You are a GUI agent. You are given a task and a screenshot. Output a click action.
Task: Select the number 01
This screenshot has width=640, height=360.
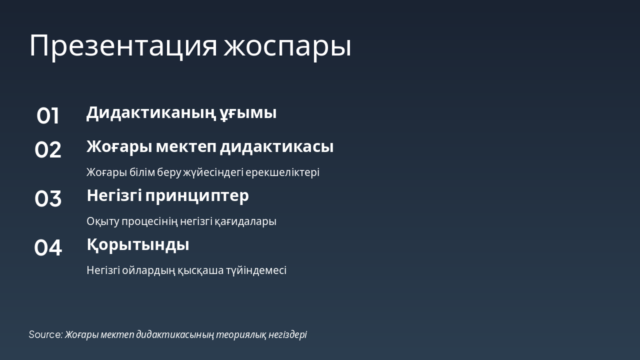pyautogui.click(x=48, y=116)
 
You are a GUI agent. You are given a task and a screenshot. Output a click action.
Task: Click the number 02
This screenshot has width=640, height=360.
pyautogui.click(x=48, y=150)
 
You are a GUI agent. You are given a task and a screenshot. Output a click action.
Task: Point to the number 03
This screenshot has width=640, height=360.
pyautogui.click(x=48, y=199)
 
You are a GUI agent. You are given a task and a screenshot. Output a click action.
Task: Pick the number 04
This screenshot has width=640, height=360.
pyautogui.click(x=48, y=248)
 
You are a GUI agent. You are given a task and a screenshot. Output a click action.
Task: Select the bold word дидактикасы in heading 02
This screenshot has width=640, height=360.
pyautogui.click(x=276, y=147)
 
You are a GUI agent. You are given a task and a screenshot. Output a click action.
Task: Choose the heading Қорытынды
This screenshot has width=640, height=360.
pyautogui.click(x=138, y=245)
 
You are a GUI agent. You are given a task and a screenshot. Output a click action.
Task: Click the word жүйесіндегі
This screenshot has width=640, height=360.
pyautogui.click(x=213, y=172)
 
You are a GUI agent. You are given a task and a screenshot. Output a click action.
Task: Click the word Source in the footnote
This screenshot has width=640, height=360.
pyautogui.click(x=45, y=334)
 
